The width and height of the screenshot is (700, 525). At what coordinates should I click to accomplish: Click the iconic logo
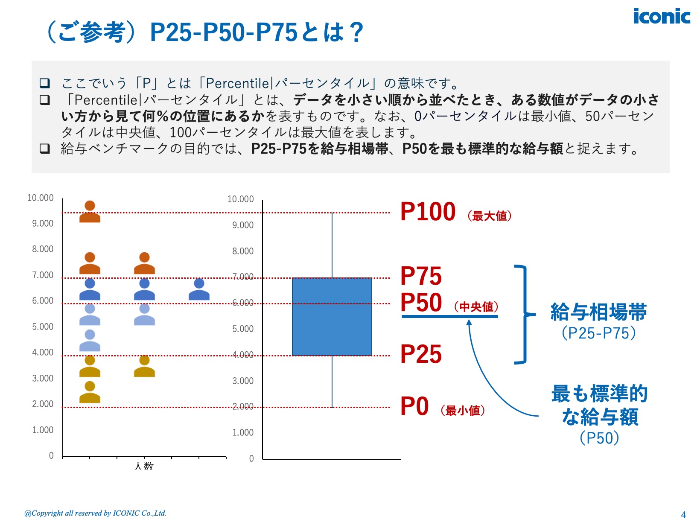661,17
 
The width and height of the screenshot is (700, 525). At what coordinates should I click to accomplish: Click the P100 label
428,212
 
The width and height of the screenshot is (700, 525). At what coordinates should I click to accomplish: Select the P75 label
421,276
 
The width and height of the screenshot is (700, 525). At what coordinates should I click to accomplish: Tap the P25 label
421,354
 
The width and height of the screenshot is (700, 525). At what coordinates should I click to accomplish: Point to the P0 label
414,406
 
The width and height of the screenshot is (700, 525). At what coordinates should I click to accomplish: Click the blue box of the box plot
332,316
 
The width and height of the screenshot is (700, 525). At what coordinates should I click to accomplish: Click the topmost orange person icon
90,212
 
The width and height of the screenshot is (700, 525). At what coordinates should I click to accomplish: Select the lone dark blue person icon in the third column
199,289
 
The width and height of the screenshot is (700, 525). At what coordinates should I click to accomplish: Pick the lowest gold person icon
90,393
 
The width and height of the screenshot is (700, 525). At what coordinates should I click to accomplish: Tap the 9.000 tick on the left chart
43,224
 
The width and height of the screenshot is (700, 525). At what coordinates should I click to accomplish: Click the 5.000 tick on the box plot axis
242,329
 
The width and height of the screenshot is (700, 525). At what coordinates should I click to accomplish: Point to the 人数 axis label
144,466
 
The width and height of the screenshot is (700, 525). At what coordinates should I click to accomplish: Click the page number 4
683,515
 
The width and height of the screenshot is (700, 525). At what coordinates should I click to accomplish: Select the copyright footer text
95,513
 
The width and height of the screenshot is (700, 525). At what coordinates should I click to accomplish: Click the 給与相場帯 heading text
598,312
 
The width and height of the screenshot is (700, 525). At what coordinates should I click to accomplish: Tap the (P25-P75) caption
598,333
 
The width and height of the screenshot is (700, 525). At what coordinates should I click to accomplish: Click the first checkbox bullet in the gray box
45,83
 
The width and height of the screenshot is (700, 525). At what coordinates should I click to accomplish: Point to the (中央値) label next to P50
476,306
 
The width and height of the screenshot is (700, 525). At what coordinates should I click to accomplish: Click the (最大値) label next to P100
489,216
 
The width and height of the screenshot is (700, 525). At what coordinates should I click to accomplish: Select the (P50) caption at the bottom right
599,438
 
